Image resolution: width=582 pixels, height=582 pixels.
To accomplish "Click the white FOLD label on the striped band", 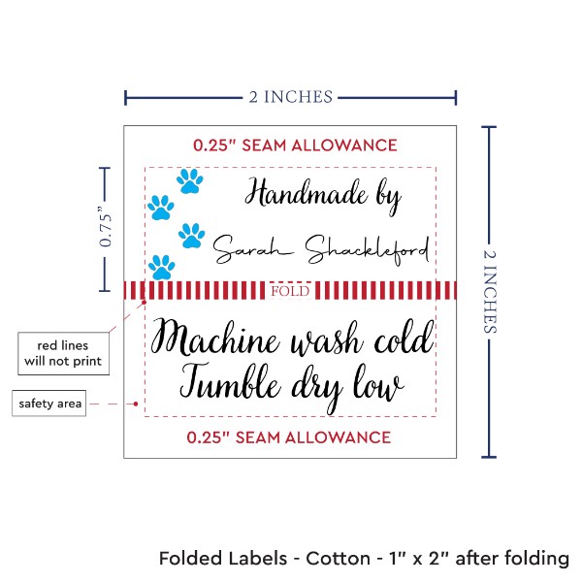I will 290,291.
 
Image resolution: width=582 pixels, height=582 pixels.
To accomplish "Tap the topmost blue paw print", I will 190,179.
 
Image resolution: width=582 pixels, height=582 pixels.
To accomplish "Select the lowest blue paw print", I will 163,266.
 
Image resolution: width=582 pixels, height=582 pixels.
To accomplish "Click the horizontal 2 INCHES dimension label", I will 290,96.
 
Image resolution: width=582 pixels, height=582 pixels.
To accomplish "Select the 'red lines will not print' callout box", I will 63,354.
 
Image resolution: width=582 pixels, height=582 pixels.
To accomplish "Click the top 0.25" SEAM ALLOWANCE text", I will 295,145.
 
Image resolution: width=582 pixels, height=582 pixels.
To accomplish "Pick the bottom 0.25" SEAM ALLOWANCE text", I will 289,436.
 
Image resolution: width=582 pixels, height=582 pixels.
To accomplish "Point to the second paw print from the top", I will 160,206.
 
